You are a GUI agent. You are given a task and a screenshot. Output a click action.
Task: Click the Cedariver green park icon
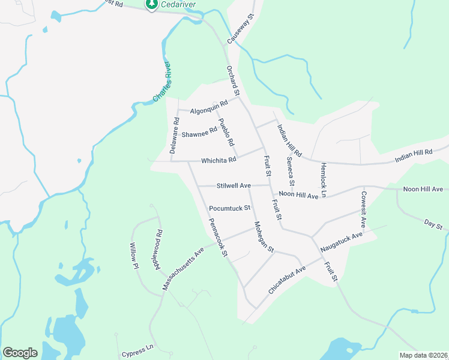[x=152, y=4]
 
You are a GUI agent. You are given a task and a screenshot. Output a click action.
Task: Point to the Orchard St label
[x=233, y=81]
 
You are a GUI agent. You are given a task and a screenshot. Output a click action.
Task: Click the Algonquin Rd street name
[x=209, y=107]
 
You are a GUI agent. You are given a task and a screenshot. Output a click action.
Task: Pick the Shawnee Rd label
[x=199, y=132]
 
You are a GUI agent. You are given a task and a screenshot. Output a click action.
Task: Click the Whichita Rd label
[x=218, y=160]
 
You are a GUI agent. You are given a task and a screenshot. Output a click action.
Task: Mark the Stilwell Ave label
[x=234, y=186]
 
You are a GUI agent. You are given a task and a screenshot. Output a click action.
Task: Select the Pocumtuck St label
[x=229, y=208]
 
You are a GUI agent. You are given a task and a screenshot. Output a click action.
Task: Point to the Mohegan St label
[x=263, y=236]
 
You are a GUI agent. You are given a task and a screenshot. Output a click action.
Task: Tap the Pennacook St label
[x=217, y=237]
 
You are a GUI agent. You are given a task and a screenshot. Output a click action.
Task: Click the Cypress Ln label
[x=137, y=347]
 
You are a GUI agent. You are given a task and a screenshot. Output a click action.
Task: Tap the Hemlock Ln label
[x=323, y=179]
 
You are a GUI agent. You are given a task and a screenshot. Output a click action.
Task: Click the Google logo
[x=20, y=353]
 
